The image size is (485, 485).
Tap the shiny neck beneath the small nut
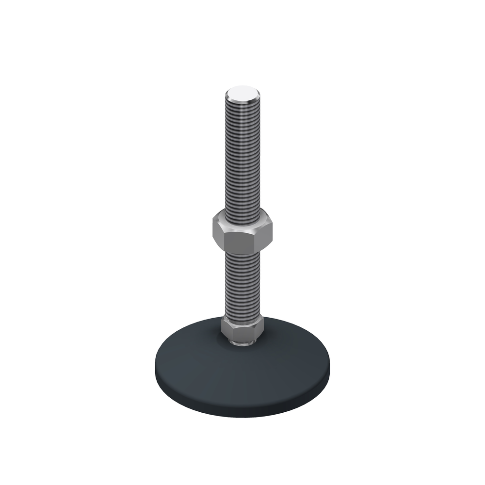[242, 343]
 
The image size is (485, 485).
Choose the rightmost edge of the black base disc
[330, 366]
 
